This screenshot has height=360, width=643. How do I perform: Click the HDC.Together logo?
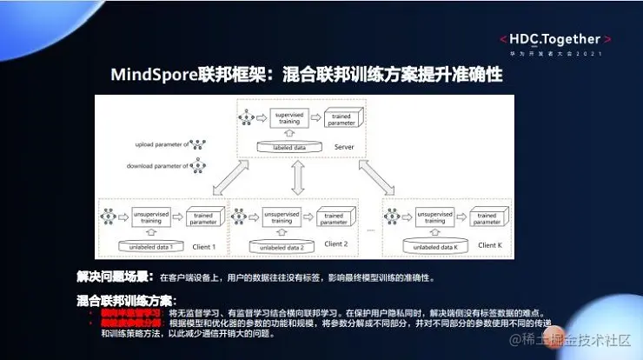554,39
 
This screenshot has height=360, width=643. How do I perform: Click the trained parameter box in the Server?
341,118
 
